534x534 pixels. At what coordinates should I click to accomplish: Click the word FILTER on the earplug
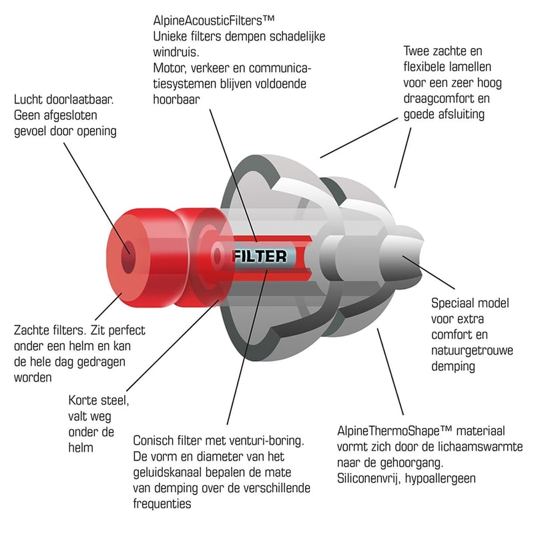260,256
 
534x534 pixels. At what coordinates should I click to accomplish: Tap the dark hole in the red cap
128,257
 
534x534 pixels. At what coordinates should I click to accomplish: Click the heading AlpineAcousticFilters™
214,21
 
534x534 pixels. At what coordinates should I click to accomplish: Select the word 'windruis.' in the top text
176,52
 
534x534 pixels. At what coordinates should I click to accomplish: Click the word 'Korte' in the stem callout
83,400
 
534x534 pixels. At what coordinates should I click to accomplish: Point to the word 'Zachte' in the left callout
31,330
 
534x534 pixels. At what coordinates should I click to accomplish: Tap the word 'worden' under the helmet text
33,378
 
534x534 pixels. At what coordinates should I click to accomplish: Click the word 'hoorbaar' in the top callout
176,99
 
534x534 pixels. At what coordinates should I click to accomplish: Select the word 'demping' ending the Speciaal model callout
453,366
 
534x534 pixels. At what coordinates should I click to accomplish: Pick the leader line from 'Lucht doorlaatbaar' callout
97,198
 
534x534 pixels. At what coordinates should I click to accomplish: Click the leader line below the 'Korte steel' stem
173,345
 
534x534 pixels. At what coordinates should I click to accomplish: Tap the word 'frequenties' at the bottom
162,504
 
